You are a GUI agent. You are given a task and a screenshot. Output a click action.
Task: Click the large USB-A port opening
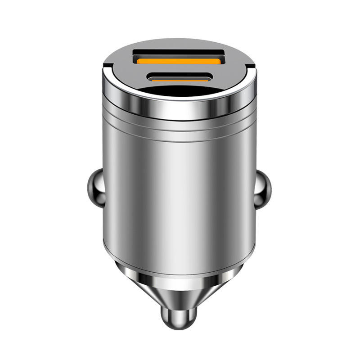179,58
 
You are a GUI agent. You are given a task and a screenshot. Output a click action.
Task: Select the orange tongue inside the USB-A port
179,60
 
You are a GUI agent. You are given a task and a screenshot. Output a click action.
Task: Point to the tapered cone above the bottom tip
179,288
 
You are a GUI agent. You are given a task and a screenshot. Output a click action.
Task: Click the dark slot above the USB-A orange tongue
179,53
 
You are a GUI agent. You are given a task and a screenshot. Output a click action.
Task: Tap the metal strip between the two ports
179,69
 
